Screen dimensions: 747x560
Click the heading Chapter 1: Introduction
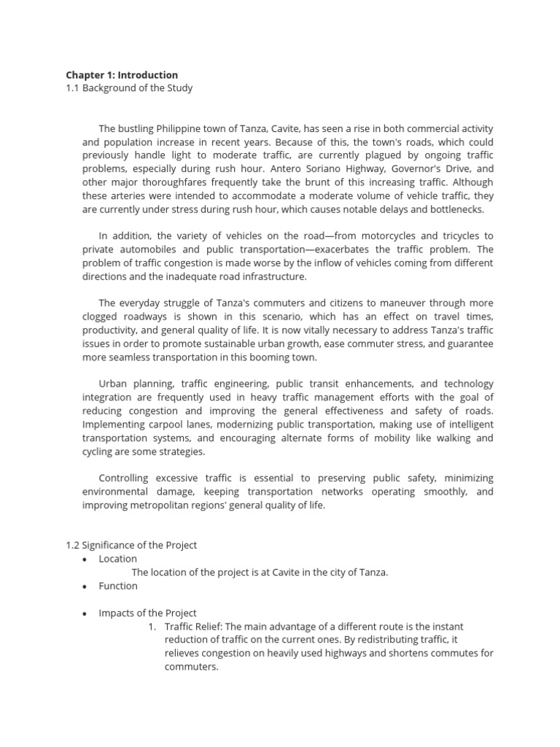coord(122,74)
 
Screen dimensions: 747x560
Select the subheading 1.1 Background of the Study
coord(129,88)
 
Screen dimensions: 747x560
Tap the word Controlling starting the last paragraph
coord(123,478)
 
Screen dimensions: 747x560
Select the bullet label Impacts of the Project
coord(147,613)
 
